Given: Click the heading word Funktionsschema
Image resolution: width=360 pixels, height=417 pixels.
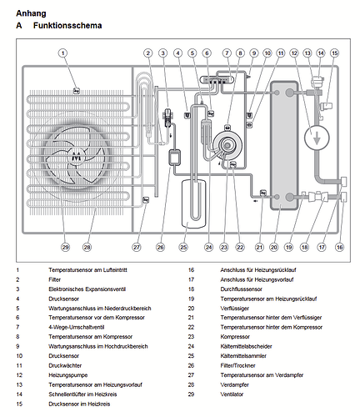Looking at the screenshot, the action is coord(67,26).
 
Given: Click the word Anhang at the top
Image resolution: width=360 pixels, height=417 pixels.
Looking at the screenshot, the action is coord(31,13).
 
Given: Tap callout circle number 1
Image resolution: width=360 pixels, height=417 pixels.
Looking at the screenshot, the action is coord(63,53).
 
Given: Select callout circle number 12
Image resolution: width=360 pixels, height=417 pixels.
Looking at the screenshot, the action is coord(294,53).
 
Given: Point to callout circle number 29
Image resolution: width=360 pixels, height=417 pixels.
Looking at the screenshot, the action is coord(65,247).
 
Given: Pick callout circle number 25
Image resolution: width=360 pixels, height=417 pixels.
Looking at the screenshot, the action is coord(183,247).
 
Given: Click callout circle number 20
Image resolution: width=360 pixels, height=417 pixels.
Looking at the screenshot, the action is coord(274,247).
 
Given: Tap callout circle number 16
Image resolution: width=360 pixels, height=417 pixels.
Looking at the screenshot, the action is coord(339,247).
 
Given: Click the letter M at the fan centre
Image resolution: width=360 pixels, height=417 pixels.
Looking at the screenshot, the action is coord(76,157).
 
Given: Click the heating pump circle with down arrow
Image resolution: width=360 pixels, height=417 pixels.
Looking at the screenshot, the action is coord(317,138).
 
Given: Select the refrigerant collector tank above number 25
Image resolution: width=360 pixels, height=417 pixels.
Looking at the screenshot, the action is coord(194,203).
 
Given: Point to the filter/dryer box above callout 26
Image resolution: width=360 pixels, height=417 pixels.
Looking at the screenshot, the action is coord(174,158).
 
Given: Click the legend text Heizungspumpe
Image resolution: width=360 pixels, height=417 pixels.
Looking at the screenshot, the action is coord(68,375).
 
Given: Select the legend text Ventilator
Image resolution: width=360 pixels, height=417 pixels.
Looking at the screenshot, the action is coord(232,394).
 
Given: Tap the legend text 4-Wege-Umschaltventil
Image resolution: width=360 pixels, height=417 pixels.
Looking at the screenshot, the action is coord(77,327).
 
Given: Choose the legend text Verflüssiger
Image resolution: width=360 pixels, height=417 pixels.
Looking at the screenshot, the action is coord(235,309).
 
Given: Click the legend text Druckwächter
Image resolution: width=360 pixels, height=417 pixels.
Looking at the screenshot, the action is coord(65,365).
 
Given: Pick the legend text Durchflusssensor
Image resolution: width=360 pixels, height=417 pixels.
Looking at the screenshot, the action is coord(241,289).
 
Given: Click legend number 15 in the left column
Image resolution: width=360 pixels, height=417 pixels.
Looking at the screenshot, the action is coord(19,404).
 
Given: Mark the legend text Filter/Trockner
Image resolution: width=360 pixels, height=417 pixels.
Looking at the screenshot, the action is coord(237,365).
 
